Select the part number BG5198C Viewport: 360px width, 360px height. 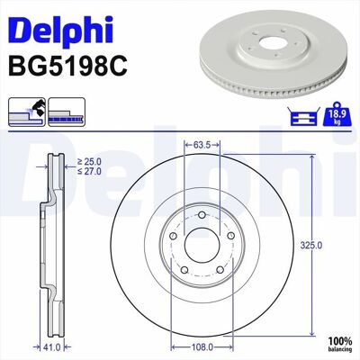68,67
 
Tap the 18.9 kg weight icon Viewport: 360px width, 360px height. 337,116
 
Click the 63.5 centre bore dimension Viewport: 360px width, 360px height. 202,145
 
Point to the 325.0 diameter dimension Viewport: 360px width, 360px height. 311,246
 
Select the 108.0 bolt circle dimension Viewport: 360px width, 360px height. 202,347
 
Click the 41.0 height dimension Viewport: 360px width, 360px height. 51,347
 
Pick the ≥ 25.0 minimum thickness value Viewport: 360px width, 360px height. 89,162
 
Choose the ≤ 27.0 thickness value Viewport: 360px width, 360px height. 89,171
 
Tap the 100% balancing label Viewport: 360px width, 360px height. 339,345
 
